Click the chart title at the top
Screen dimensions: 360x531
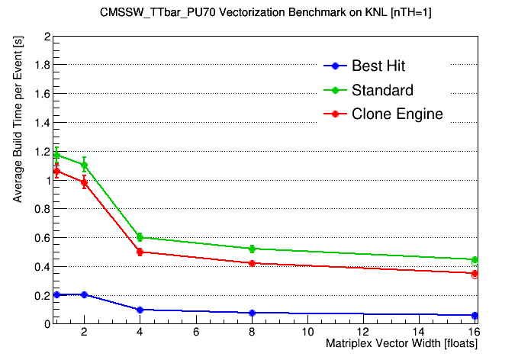[x=265, y=13]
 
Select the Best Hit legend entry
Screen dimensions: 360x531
[x=382, y=66]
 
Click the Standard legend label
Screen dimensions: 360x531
[x=382, y=90]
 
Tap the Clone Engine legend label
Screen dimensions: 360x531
[x=397, y=114]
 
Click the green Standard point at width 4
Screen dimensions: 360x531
[x=140, y=237]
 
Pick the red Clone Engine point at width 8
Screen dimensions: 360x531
[x=251, y=263]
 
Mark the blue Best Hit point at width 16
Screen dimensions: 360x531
[x=475, y=315]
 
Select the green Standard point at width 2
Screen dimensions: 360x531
[x=84, y=165]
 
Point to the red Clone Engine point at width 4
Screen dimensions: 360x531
[x=140, y=252]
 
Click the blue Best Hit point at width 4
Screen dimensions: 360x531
[x=140, y=310]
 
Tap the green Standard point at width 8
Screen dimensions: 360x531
[x=251, y=249]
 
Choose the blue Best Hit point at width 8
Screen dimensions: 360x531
[x=251, y=313]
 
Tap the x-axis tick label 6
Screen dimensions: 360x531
[x=195, y=333]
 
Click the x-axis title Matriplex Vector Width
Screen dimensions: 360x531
[x=401, y=344]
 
